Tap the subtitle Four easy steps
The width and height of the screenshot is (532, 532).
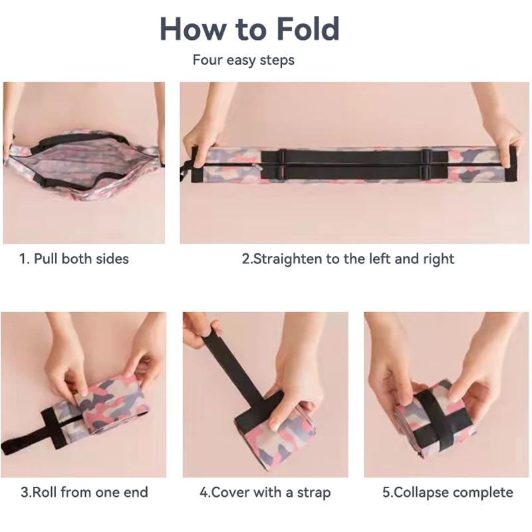[243, 60]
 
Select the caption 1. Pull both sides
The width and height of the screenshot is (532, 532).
[73, 259]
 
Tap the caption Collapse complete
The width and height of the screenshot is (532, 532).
[448, 493]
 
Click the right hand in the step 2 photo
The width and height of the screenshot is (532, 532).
[503, 140]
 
